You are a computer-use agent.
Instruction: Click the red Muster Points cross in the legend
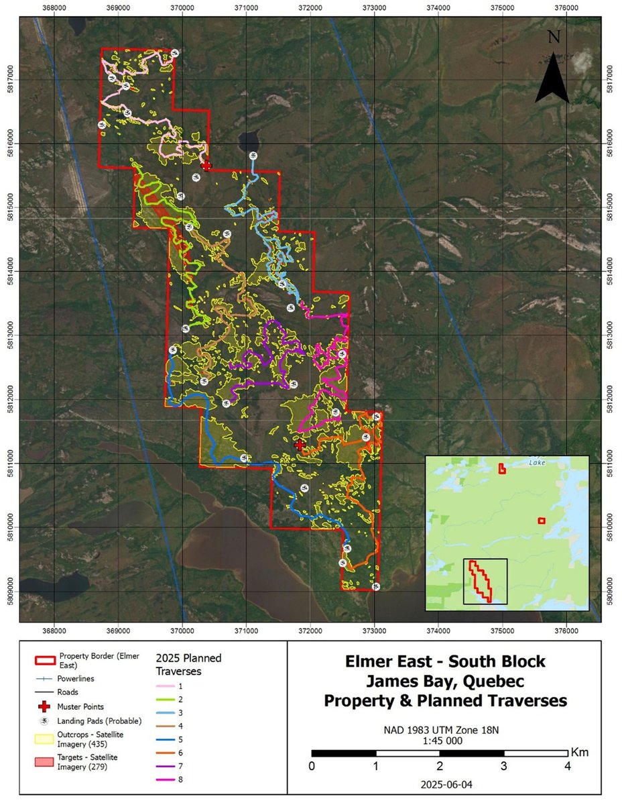[x=45, y=706]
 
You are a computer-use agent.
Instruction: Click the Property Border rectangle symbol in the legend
[x=45, y=656]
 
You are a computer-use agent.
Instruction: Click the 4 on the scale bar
[x=568, y=766]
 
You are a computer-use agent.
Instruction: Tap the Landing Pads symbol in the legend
[x=45, y=721]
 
